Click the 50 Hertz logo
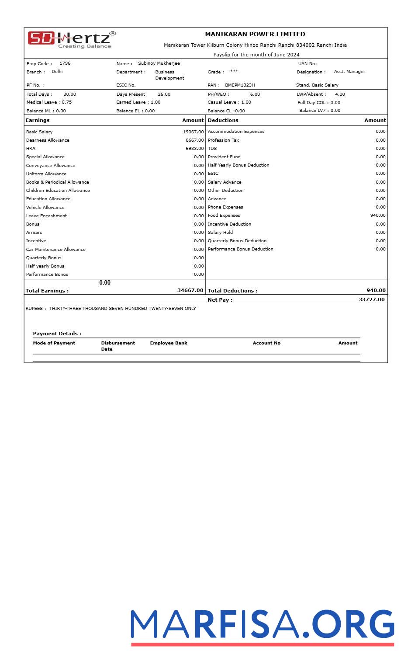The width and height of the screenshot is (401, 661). [71, 39]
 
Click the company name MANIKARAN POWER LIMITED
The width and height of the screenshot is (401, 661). [255, 34]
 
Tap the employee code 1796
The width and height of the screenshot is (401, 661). [65, 63]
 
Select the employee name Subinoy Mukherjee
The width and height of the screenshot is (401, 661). [159, 63]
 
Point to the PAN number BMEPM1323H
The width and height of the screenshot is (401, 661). [240, 85]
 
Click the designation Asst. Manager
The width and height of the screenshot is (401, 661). [349, 72]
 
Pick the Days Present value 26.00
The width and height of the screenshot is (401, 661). [164, 94]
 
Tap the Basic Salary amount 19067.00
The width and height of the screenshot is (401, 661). [193, 132]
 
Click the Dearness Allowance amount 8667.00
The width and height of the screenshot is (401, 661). [194, 140]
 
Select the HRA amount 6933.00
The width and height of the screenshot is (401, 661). [194, 149]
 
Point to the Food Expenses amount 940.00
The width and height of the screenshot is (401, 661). [378, 216]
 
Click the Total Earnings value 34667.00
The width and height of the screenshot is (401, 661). [190, 291]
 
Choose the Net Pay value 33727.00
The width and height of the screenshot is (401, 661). [371, 300]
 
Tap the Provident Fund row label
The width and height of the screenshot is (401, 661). [224, 157]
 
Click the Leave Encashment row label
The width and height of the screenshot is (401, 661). [46, 216]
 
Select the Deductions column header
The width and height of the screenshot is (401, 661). [223, 120]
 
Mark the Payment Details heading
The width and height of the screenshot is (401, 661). [57, 334]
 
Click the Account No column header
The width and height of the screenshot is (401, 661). [266, 343]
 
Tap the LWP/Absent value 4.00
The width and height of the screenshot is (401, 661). [340, 94]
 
